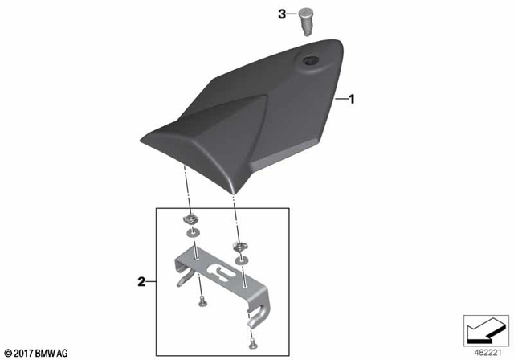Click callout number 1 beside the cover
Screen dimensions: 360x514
tap(351, 100)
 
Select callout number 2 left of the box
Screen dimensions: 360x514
tap(141, 282)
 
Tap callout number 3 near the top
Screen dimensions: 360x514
tap(282, 14)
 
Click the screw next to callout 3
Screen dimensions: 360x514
tap(305, 18)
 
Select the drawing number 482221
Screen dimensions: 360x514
tap(486, 351)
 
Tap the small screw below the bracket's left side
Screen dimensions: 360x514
tap(202, 301)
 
